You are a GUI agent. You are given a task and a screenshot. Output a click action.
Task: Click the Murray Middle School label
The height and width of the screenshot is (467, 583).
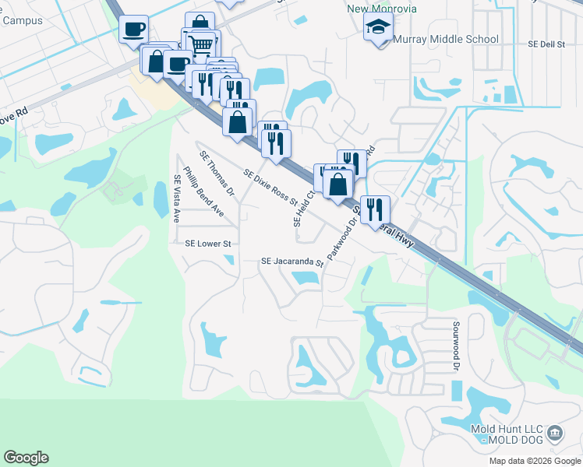tap(446, 39)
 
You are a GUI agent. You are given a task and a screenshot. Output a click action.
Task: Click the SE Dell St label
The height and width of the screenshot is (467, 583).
tap(546, 44)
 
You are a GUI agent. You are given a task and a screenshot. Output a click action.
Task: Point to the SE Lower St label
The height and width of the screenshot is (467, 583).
tap(208, 244)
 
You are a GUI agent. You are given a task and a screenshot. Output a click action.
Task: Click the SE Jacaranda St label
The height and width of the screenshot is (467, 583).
tap(292, 262)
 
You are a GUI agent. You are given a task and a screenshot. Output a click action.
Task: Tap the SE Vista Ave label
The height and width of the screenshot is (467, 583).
tap(177, 198)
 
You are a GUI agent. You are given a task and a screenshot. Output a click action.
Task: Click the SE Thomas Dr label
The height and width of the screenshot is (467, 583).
tap(217, 173)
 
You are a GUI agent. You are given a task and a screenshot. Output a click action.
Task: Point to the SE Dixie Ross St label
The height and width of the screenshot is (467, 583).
tap(270, 187)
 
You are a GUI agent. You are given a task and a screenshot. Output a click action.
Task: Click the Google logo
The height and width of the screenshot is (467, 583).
tap(26, 458)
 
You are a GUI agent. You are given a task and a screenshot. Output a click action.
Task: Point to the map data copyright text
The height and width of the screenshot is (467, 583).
tap(534, 461)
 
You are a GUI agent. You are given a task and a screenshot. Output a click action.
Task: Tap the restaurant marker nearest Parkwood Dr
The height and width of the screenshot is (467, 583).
tap(375, 209)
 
